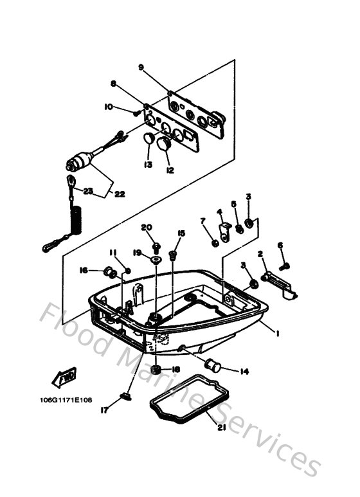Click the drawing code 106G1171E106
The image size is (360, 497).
click(65, 399)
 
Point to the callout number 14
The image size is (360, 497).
click(244, 372)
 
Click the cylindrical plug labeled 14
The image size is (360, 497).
click(213, 366)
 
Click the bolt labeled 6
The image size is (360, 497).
click(284, 265)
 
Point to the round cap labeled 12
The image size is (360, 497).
click(164, 142)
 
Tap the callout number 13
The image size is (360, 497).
click(148, 165)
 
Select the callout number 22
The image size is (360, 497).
click(120, 194)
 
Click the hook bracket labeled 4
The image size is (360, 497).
click(225, 231)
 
